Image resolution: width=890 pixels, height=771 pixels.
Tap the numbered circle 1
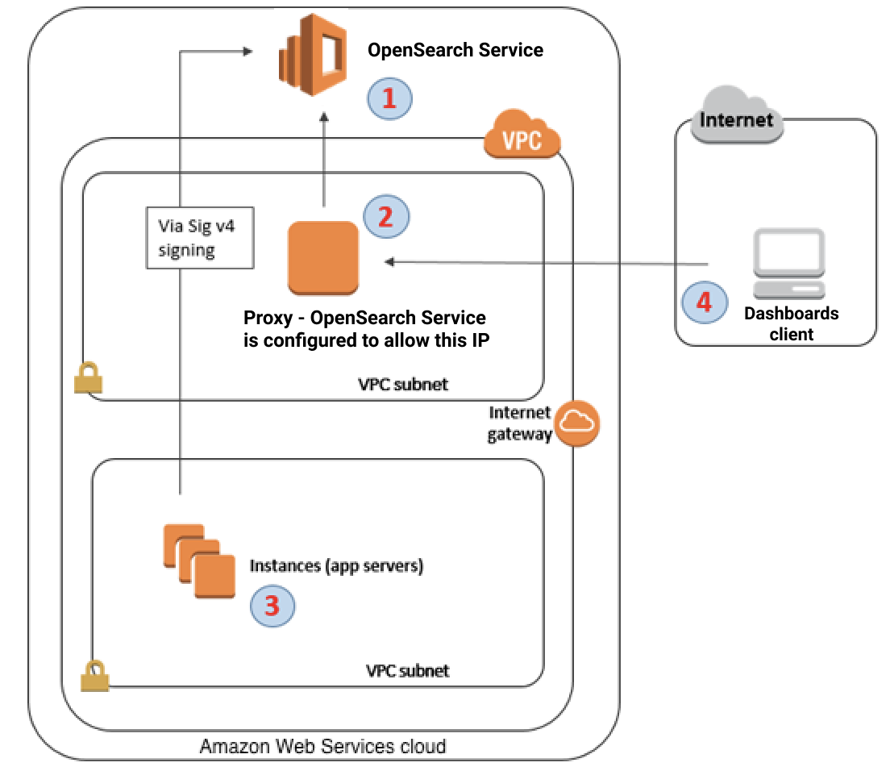(x=389, y=98)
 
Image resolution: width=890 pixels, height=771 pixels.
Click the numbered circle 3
(x=272, y=605)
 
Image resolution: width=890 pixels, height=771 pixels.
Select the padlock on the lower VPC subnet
(x=94, y=675)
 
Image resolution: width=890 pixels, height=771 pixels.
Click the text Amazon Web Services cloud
(x=322, y=746)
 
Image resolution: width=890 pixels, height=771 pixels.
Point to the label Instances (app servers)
(x=336, y=566)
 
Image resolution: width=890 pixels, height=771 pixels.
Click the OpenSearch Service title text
(x=455, y=50)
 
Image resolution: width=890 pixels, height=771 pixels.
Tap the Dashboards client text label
(x=791, y=323)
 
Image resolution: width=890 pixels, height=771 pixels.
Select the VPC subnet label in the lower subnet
(x=407, y=670)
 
